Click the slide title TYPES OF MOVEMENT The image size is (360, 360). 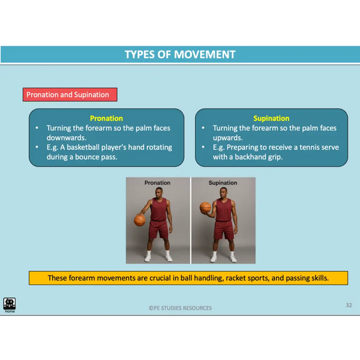point(180,55)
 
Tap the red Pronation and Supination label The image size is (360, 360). point(70,95)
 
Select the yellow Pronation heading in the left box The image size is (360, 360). point(106,118)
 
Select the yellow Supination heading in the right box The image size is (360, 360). point(271,118)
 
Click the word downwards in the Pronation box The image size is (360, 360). point(67,138)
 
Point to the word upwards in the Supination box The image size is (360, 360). point(227,138)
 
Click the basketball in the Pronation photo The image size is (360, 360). point(140,220)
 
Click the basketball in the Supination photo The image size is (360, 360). point(205,208)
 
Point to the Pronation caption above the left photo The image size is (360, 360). point(157,183)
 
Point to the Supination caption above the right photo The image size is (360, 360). point(223,183)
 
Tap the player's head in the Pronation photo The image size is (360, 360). point(159,193)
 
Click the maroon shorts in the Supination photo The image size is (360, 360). point(223,230)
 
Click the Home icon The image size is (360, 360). point(10,305)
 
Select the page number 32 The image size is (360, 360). point(349,305)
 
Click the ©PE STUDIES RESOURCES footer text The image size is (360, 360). point(180,308)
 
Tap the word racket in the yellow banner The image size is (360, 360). point(236,278)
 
